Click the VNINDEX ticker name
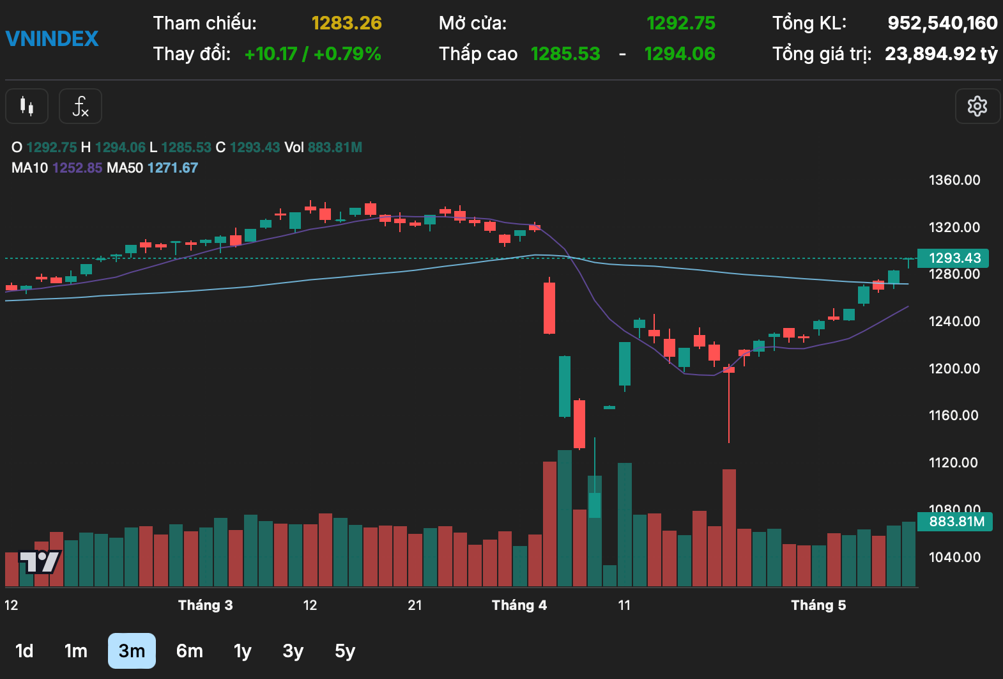click(x=52, y=38)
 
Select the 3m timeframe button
click(x=132, y=651)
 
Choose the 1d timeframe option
click(x=24, y=651)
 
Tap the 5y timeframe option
click(x=344, y=651)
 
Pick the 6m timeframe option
click(x=189, y=651)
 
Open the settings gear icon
click(x=977, y=106)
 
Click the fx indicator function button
click(x=80, y=106)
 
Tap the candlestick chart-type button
click(x=27, y=106)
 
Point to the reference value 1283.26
click(x=346, y=23)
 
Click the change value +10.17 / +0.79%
click(x=312, y=54)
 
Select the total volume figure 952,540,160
click(x=942, y=23)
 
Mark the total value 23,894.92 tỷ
click(x=940, y=54)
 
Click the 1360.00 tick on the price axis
click(x=954, y=180)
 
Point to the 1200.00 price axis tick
click(x=954, y=368)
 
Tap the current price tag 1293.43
click(x=954, y=258)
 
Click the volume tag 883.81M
click(x=956, y=522)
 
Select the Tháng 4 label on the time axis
click(x=519, y=605)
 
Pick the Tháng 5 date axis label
click(x=818, y=605)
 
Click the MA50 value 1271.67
click(x=172, y=168)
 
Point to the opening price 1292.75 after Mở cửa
click(x=680, y=23)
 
